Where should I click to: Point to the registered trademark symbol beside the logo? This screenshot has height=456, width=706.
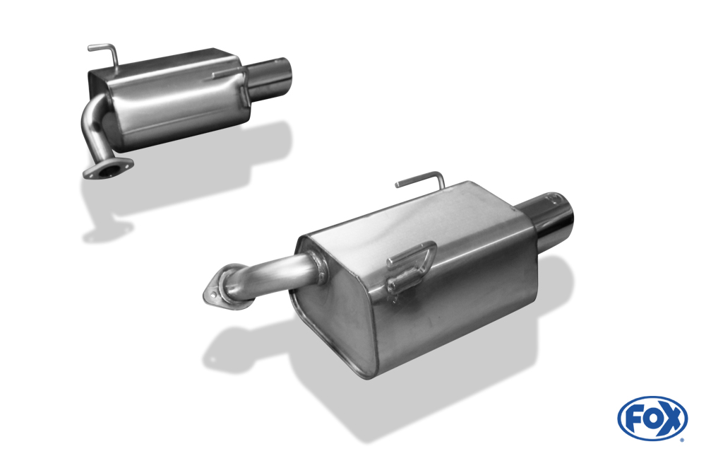click(x=682, y=440)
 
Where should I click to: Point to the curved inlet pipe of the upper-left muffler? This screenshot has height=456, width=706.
click(x=92, y=129)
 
